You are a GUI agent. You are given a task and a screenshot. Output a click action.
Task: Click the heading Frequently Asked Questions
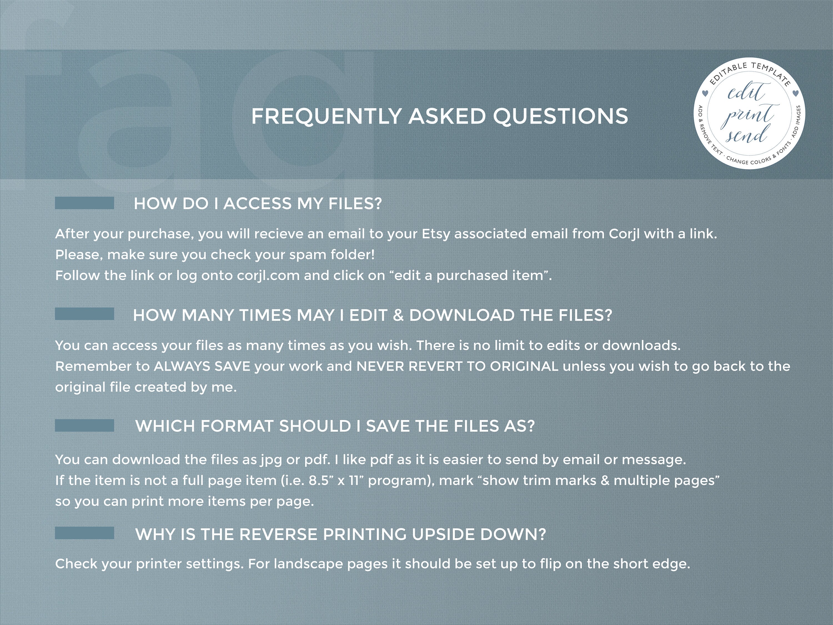[440, 116]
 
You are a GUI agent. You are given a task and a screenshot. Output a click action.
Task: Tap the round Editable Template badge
[749, 113]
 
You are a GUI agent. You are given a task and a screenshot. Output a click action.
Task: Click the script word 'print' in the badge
[747, 115]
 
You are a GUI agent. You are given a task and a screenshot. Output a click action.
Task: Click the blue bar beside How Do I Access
[84, 203]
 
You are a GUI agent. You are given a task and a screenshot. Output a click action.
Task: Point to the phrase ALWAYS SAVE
[202, 366]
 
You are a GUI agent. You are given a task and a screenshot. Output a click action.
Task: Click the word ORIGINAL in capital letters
[524, 366]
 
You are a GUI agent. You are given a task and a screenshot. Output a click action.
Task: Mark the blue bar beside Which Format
[84, 425]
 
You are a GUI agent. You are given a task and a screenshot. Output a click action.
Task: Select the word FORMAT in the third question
[237, 426]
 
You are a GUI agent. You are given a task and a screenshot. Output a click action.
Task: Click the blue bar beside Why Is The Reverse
[84, 533]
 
